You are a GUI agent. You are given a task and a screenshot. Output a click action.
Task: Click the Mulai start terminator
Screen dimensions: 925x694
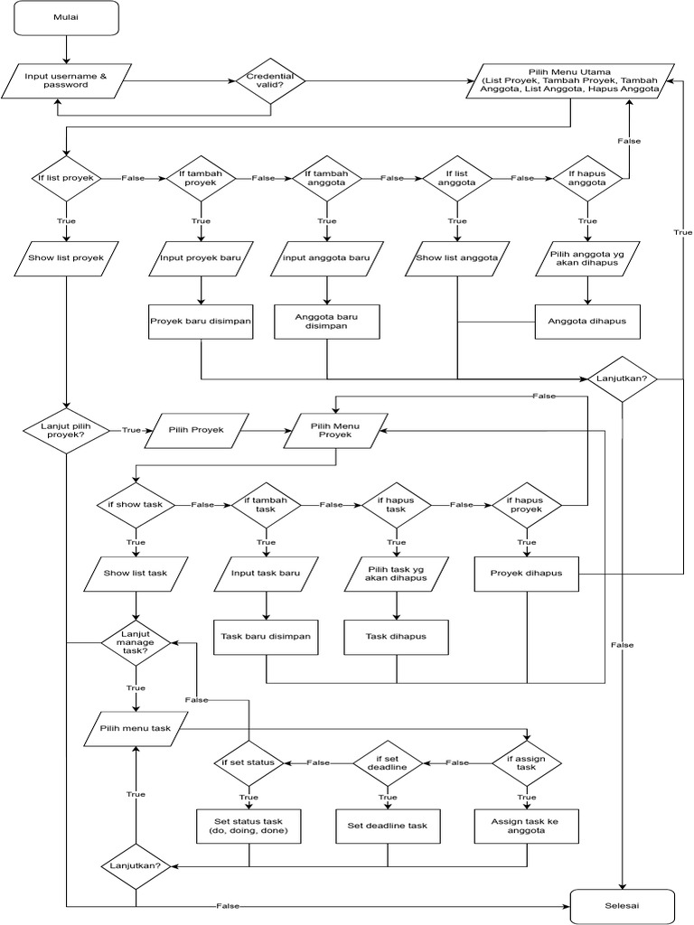[x=66, y=16]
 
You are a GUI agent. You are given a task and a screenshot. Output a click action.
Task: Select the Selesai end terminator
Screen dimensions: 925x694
[x=623, y=905]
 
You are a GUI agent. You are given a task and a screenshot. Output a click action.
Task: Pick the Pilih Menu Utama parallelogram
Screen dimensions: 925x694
[x=570, y=80]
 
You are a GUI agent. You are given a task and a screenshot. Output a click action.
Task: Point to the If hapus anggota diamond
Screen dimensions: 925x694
[x=586, y=178]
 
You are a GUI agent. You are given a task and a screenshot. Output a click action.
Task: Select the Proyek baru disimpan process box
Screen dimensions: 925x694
[x=201, y=322]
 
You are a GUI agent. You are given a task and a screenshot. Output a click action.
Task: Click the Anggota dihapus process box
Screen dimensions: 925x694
[x=587, y=322]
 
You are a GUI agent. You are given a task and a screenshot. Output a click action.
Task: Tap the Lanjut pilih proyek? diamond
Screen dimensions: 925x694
[x=66, y=431]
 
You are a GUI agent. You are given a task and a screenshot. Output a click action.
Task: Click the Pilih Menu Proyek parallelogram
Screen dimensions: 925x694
[x=336, y=431]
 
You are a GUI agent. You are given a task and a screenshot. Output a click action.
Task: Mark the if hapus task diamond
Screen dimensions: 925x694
[x=395, y=504]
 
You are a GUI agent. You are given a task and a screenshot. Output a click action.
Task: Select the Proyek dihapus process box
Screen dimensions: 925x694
[x=526, y=574]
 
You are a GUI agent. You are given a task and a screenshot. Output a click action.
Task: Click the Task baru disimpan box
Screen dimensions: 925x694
[x=266, y=637]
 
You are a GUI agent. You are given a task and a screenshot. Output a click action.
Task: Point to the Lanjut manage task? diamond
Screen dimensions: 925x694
[x=136, y=642]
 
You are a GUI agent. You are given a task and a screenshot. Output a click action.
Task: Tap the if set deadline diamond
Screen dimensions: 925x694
[x=387, y=762]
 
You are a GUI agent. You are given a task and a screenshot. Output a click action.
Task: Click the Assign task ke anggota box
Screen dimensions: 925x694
[x=526, y=826]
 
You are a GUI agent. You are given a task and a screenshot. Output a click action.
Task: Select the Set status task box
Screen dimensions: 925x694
[x=249, y=826]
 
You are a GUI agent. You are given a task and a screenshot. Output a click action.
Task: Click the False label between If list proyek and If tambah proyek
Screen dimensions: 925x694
[x=133, y=178]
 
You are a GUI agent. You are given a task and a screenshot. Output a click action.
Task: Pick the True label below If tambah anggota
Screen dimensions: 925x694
[x=327, y=221]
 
